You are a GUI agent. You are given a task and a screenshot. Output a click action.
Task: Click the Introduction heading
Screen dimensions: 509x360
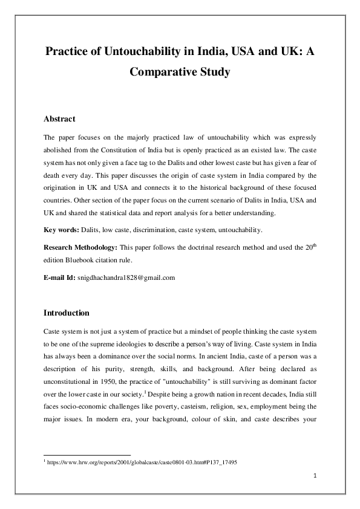[x=67, y=313]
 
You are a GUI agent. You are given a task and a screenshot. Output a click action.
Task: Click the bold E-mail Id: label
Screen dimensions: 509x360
[x=60, y=277]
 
